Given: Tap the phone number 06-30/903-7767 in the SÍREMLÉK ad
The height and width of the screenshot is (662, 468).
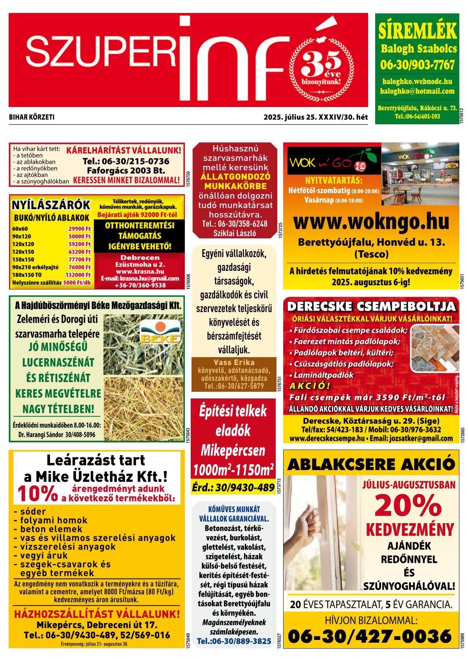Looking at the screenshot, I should click(417, 64).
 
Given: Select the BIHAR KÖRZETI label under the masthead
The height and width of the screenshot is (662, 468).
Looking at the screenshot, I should click(31, 117).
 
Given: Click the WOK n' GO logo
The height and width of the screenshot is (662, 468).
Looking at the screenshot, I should click(334, 161).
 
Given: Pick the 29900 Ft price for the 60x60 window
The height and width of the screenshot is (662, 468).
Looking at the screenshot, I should click(79, 229).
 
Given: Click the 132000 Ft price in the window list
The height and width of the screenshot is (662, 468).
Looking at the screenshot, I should click(78, 275).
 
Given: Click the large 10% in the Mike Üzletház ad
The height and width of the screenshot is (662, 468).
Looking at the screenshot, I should click(37, 495).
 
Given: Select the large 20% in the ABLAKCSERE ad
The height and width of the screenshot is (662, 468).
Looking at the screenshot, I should click(408, 506).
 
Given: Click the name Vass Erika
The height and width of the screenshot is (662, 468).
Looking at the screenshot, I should click(234, 362).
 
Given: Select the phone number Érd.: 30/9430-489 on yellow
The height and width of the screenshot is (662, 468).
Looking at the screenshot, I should click(233, 488).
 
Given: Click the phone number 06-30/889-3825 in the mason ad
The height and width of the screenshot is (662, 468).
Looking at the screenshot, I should click(234, 641).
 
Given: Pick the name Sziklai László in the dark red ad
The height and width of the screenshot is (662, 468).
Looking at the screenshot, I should click(234, 232).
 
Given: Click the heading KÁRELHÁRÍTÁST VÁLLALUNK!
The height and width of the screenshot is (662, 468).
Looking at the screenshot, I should click(124, 151).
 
